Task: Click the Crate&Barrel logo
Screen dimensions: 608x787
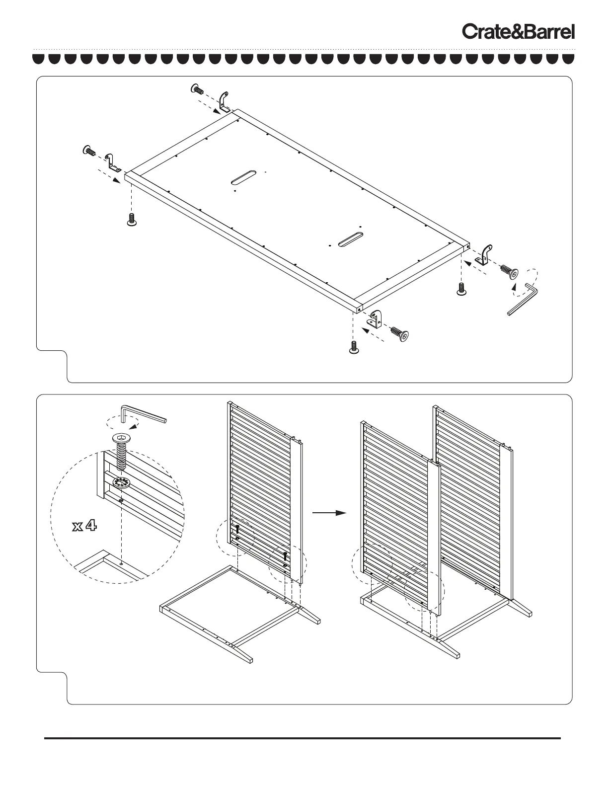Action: click(519, 32)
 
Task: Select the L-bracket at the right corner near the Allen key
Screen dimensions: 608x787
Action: click(484, 254)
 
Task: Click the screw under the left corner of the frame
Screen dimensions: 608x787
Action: click(132, 220)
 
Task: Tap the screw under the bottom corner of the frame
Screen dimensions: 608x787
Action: click(354, 347)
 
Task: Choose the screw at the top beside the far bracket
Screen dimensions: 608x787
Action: click(198, 89)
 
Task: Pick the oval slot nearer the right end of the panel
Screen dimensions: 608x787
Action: click(350, 238)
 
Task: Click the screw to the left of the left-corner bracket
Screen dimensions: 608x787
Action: click(89, 150)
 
